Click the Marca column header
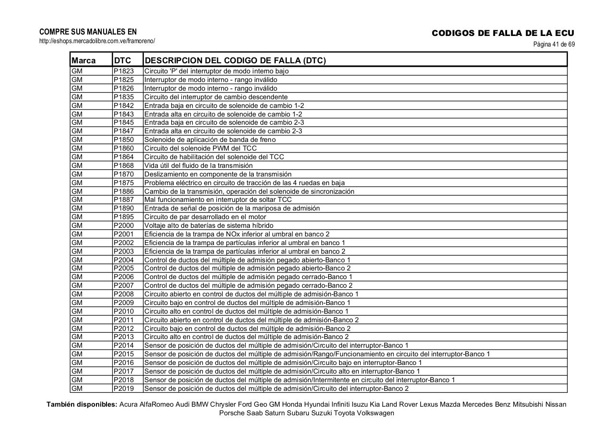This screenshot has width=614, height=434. [83, 60]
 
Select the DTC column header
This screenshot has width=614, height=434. [123, 60]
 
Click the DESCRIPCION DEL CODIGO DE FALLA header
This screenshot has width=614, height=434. [235, 60]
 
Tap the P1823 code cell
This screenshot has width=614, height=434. [124, 71]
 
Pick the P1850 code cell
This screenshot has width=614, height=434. [124, 140]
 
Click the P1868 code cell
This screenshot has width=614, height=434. [124, 165]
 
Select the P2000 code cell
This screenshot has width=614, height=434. [124, 225]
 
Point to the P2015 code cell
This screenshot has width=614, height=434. [124, 354]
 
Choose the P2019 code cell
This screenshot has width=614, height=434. [124, 388]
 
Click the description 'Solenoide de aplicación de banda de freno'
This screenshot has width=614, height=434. [210, 140]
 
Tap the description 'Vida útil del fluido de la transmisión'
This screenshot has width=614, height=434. [199, 165]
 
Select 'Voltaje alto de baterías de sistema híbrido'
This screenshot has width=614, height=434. [209, 225]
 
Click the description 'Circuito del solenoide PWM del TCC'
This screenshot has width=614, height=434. [201, 148]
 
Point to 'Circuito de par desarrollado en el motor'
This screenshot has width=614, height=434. [205, 217]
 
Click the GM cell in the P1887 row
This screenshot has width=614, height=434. [77, 199]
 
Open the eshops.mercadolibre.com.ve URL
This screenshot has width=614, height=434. [97, 41]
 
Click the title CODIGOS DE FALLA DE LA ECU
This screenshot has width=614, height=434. [503, 33]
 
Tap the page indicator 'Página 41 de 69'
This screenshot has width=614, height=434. [554, 45]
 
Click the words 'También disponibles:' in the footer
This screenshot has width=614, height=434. [82, 404]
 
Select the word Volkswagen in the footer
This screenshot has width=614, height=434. [375, 413]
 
